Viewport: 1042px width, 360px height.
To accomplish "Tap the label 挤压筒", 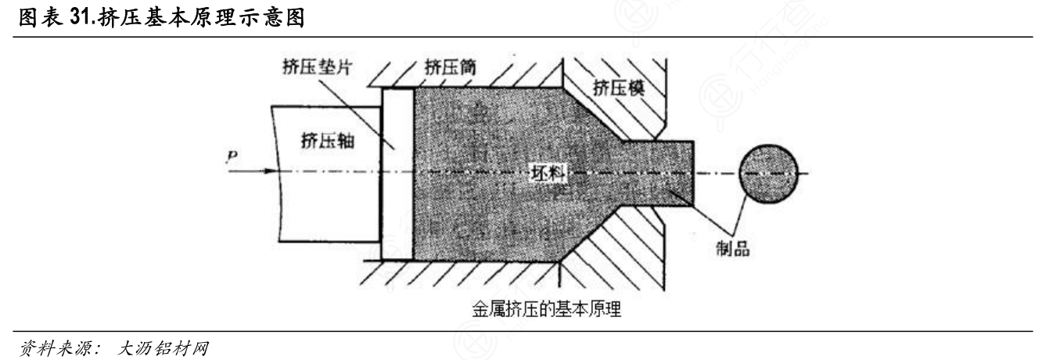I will click(x=449, y=67).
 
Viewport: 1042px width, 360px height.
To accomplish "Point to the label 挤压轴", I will click(x=325, y=141).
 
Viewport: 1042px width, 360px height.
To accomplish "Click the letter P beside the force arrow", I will click(x=232, y=157).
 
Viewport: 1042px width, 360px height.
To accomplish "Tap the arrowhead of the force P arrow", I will click(x=273, y=171).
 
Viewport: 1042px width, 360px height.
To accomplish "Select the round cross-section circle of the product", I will click(x=769, y=171).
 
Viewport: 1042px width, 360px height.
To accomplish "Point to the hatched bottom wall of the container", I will click(x=469, y=269).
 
